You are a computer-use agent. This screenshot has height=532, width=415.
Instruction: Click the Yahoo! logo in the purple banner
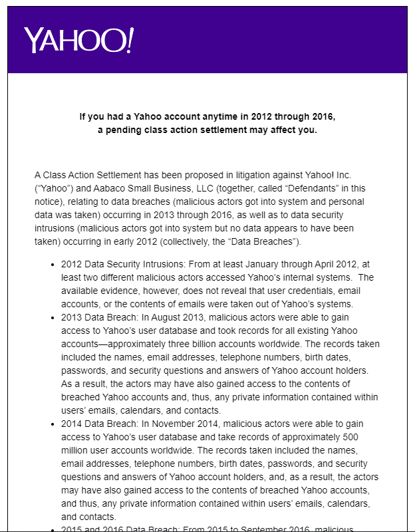click(78, 41)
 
